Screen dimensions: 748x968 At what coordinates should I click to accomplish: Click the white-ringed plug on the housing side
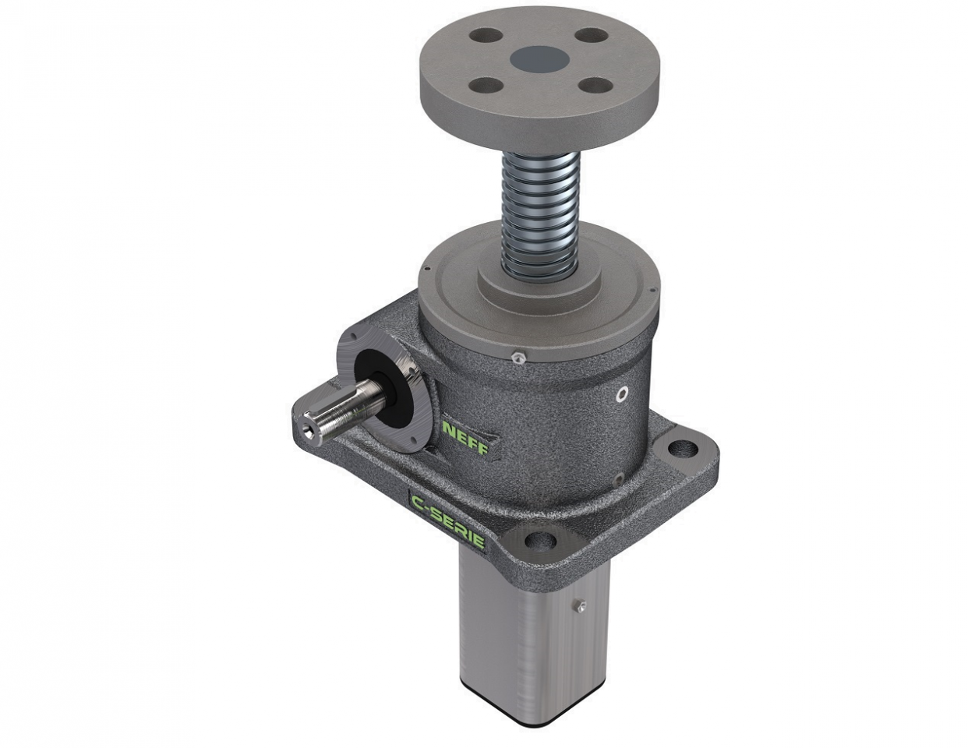tap(621, 394)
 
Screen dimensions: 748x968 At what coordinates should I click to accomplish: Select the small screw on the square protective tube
tap(581, 605)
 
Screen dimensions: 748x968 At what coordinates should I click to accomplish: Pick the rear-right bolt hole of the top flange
tap(593, 36)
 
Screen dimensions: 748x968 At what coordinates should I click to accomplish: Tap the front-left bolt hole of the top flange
tap(486, 86)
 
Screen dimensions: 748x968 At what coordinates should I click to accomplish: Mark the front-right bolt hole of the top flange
tap(597, 85)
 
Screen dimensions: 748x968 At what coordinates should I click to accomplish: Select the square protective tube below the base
tap(518, 639)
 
